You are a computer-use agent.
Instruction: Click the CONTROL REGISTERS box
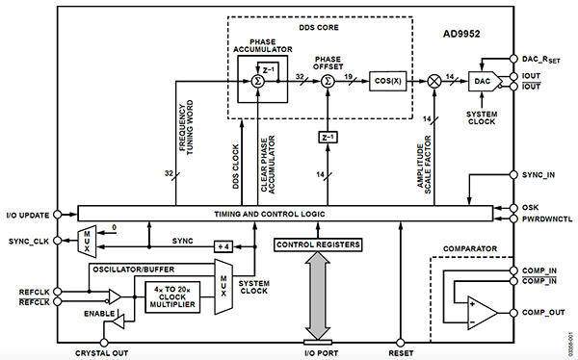tap(318, 245)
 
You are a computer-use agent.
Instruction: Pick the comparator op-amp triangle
tap(483, 311)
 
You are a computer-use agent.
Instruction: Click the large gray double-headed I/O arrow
tap(318, 294)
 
